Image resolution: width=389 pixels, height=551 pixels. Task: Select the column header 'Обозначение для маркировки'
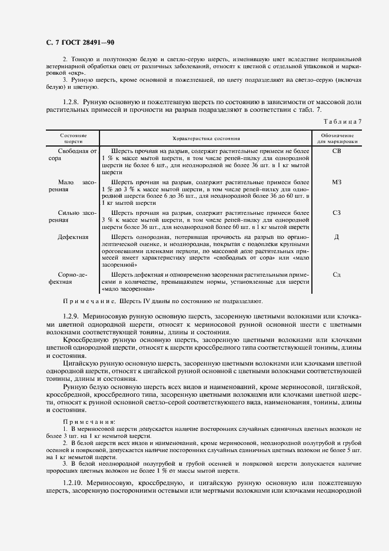pos(337,139)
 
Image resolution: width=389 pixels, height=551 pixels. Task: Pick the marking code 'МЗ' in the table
pos(337,182)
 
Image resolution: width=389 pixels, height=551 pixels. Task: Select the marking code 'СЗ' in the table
pos(337,213)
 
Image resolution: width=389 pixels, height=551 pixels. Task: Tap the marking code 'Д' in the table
pos(337,237)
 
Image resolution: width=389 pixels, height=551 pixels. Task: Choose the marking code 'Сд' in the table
pos(337,274)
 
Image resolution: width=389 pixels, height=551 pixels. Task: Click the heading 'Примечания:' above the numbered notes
pos(89,422)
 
